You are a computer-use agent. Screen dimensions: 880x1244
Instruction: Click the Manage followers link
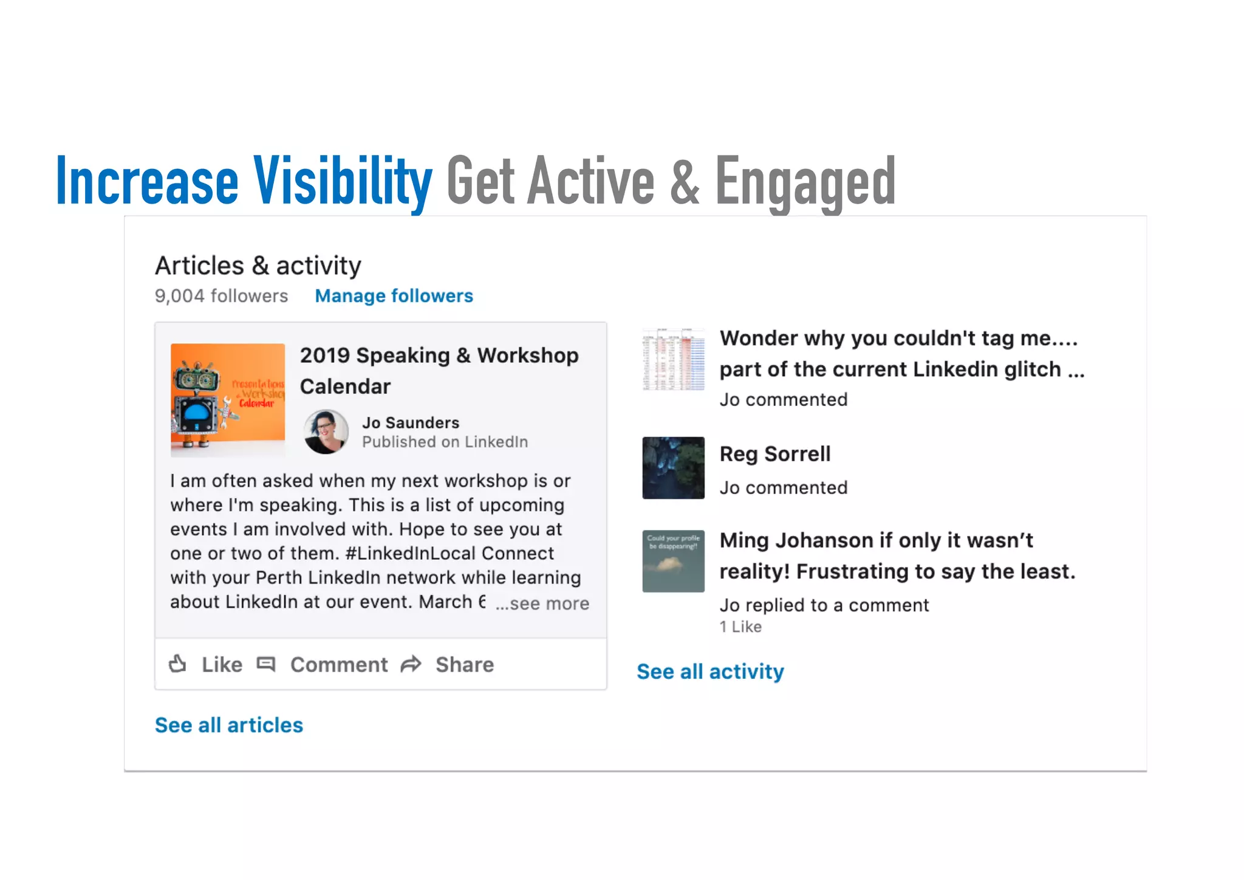[x=394, y=296]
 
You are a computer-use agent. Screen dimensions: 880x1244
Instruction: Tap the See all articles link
[x=228, y=725]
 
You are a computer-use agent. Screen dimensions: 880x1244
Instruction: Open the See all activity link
[x=710, y=672]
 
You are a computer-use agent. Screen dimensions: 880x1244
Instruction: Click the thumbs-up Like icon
[x=177, y=664]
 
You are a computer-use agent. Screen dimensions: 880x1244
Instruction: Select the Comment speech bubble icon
[x=266, y=664]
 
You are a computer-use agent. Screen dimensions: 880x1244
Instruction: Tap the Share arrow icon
[x=411, y=664]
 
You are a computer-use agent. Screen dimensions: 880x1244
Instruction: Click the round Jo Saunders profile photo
[x=326, y=432]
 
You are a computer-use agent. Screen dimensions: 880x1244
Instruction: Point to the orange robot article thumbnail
[x=228, y=400]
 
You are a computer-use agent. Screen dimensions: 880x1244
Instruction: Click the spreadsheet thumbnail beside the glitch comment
[x=674, y=360]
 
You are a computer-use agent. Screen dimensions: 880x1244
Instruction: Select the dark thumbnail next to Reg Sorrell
[x=674, y=468]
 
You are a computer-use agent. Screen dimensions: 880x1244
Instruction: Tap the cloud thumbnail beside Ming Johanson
[x=674, y=561]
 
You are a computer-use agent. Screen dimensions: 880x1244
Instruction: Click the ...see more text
[x=542, y=603]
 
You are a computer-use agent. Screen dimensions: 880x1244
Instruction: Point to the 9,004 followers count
[x=221, y=296]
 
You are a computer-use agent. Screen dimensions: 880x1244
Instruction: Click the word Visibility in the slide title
[x=343, y=182]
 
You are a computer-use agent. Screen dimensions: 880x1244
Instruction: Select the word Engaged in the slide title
[x=805, y=182]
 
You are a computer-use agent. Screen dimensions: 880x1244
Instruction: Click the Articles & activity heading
[x=258, y=266]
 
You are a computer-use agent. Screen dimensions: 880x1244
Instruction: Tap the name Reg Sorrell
[x=774, y=454]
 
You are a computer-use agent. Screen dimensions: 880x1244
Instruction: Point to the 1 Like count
[x=740, y=627]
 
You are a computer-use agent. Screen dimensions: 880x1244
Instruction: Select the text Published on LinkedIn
[x=445, y=442]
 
